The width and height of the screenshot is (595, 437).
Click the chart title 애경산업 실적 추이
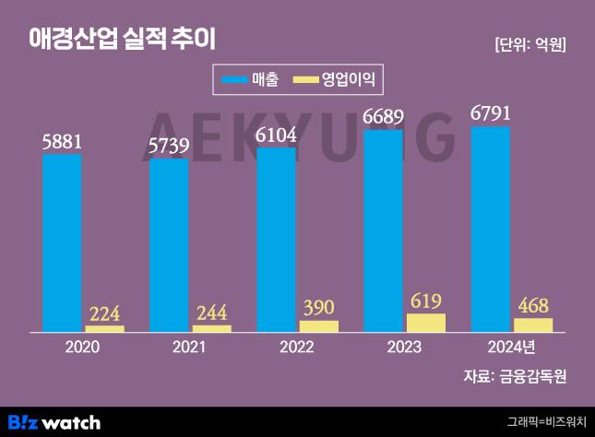pyautogui.click(x=121, y=38)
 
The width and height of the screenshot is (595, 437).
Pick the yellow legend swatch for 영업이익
pyautogui.click(x=304, y=80)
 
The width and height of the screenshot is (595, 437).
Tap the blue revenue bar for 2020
pyautogui.click(x=62, y=242)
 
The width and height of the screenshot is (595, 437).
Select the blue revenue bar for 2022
pyautogui.click(x=276, y=238)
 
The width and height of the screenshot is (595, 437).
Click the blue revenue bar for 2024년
pyautogui.click(x=490, y=229)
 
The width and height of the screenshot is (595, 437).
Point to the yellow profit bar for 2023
pyautogui.click(x=425, y=323)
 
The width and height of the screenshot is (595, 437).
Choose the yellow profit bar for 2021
pyautogui.click(x=211, y=328)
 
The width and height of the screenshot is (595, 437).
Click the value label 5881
pyautogui.click(x=62, y=142)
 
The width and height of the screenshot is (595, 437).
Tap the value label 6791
pyautogui.click(x=490, y=114)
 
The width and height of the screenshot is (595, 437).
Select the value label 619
pyautogui.click(x=425, y=301)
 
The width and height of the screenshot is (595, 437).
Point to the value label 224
pyautogui.click(x=104, y=313)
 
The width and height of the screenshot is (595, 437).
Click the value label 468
pyautogui.click(x=532, y=305)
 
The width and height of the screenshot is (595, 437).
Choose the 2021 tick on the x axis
pyautogui.click(x=190, y=348)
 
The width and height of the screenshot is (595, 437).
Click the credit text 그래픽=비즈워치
pyautogui.click(x=546, y=422)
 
